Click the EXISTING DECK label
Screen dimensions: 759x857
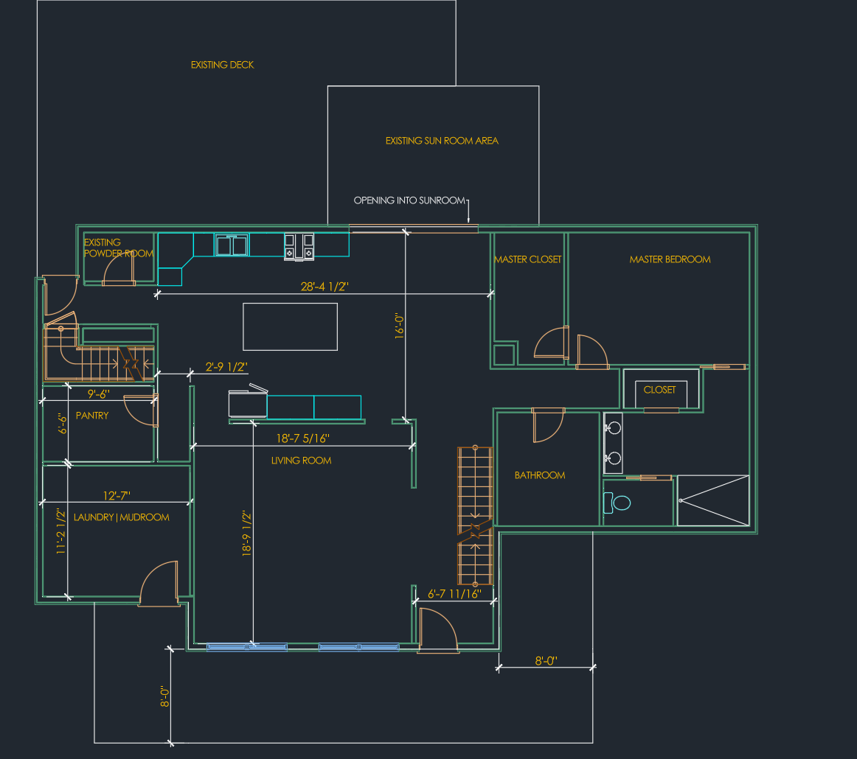(x=222, y=65)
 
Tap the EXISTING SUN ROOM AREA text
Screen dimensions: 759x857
(x=442, y=140)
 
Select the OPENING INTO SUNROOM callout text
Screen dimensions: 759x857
(x=409, y=200)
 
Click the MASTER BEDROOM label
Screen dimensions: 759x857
(x=670, y=259)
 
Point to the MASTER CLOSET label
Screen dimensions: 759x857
(x=527, y=259)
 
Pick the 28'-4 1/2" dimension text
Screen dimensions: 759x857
(x=329, y=287)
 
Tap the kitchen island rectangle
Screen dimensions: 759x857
(x=290, y=326)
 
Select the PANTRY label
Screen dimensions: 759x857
(x=92, y=416)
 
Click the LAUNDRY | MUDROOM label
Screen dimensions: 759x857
(x=122, y=517)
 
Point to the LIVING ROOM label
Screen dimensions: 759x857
(x=302, y=461)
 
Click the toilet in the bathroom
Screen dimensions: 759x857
(x=620, y=503)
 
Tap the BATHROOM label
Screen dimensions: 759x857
(x=540, y=475)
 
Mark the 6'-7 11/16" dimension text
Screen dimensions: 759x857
(x=454, y=593)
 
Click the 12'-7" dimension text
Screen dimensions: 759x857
(x=117, y=495)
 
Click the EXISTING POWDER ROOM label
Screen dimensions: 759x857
(x=118, y=248)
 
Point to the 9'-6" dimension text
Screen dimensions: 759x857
(x=98, y=394)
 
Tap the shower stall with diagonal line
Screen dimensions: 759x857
(x=712, y=500)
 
